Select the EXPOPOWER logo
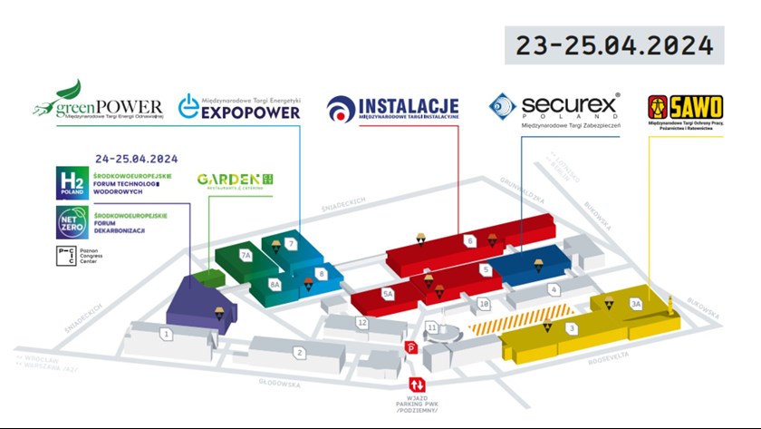(239, 108)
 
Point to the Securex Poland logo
(554, 111)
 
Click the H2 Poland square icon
(69, 180)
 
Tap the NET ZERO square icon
(69, 220)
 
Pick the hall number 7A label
(246, 256)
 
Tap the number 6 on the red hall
(470, 241)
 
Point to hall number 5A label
(388, 293)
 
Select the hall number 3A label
(636, 304)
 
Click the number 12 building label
(362, 322)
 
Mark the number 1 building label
(167, 335)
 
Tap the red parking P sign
(410, 347)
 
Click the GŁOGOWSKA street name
(277, 384)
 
